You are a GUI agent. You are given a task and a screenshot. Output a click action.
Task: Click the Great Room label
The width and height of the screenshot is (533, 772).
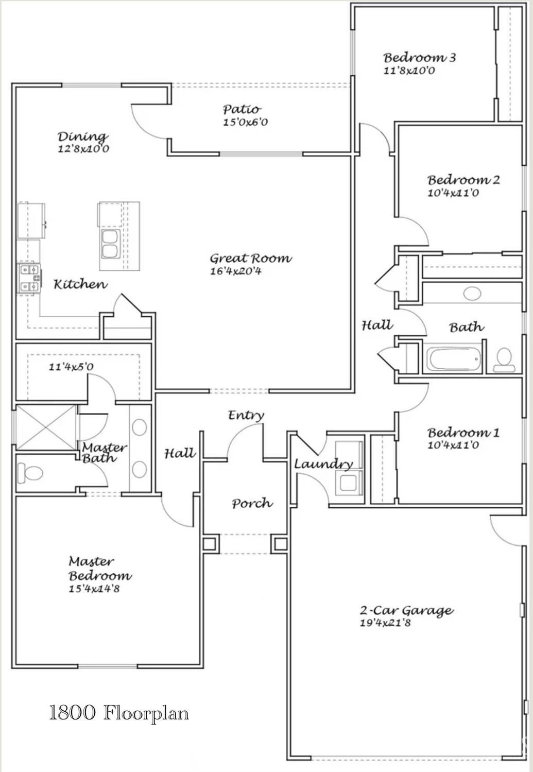251,259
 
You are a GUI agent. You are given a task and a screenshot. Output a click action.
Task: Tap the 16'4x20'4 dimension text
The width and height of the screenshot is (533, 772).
236,271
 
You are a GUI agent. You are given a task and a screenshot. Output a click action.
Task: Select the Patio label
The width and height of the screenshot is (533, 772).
242,109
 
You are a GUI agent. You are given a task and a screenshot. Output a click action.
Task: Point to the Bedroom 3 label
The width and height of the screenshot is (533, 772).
420,57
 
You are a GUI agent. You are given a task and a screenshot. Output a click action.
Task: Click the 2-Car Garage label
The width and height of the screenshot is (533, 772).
406,611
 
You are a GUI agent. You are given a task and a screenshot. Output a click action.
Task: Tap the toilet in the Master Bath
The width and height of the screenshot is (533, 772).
30,473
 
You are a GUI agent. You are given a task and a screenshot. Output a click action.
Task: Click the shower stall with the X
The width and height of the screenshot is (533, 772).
46,427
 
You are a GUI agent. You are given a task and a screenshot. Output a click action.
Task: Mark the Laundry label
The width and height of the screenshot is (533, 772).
323,465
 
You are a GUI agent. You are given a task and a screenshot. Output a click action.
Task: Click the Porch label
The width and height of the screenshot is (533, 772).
252,504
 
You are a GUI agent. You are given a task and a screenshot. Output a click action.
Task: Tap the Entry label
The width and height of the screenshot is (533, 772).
246,416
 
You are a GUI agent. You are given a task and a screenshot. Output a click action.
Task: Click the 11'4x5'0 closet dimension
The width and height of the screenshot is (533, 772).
71,367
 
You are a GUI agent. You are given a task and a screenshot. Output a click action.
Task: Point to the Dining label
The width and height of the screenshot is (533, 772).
83,137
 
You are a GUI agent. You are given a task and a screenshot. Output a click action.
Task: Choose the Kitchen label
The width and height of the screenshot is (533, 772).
81,284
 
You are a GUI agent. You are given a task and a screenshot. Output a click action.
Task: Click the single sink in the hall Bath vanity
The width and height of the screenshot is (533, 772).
472,294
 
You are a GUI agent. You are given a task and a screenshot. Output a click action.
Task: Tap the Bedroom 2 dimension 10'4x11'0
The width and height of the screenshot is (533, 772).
453,193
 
